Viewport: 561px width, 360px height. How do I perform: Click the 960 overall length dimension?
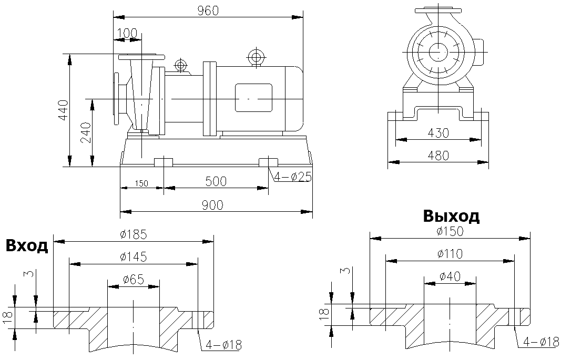click(x=207, y=10)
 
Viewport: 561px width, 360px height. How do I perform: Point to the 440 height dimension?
click(x=63, y=110)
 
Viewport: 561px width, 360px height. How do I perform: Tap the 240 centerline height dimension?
click(x=86, y=132)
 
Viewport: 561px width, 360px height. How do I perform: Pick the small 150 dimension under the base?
click(x=141, y=183)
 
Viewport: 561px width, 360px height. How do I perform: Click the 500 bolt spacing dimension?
click(x=216, y=181)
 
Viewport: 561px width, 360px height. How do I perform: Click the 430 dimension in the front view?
click(x=438, y=133)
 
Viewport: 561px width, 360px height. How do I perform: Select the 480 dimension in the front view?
click(x=438, y=156)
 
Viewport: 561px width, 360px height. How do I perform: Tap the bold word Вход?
click(x=26, y=245)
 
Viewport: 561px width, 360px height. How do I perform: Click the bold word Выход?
click(x=451, y=216)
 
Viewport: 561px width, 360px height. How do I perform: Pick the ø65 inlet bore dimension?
click(x=133, y=280)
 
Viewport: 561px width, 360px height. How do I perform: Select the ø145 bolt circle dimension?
click(x=133, y=256)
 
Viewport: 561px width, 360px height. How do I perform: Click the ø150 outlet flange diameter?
click(x=450, y=231)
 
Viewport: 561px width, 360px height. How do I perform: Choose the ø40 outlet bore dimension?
click(x=450, y=276)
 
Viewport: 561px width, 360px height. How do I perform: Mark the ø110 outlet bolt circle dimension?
click(x=450, y=254)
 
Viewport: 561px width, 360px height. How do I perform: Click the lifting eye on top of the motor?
click(x=256, y=57)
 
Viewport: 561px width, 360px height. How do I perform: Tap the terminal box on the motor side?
click(x=253, y=98)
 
